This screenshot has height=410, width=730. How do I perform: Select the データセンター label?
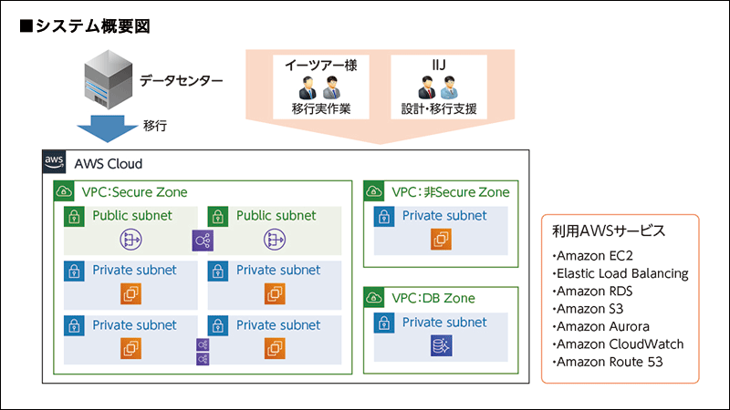coord(181,81)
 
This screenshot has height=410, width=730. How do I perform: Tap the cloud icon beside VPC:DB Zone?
coord(374,298)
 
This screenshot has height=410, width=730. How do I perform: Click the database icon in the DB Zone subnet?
coord(442,346)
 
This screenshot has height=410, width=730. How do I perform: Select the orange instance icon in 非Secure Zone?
coord(442,240)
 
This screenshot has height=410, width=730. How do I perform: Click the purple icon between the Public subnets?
coord(202,241)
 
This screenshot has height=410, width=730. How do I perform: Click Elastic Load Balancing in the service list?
coord(620,273)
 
